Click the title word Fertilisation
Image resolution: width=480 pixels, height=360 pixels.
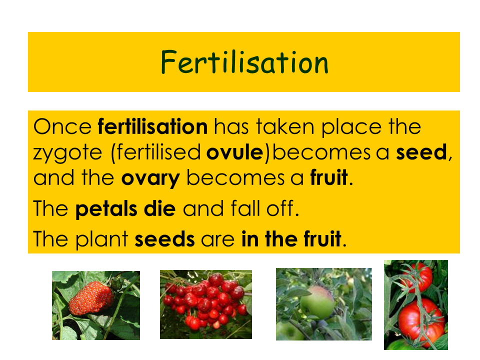[244, 62]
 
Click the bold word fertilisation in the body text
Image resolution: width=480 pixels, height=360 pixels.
[153, 126]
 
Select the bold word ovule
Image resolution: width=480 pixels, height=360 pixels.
[235, 152]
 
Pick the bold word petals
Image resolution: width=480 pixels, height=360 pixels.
[106, 209]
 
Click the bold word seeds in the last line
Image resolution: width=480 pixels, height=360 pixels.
[164, 239]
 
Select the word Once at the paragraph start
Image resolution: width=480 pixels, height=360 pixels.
[62, 126]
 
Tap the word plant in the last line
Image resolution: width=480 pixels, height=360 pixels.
[101, 239]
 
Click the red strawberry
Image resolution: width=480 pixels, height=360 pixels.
[91, 298]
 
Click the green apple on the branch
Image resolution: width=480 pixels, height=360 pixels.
[317, 302]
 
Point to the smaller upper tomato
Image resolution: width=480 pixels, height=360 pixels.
[418, 277]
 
